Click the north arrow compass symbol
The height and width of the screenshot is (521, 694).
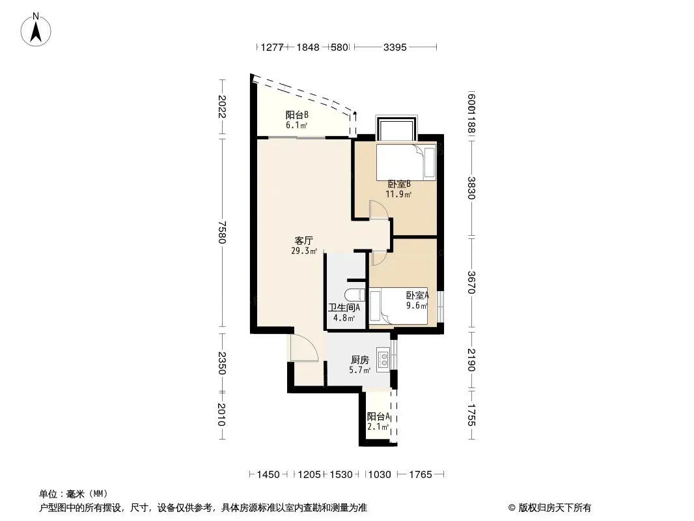click(36, 30)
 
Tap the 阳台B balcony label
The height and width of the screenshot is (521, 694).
click(297, 115)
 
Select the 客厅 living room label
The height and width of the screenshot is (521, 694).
click(304, 241)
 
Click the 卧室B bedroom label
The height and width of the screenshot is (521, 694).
click(399, 184)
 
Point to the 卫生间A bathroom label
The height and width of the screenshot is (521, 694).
click(344, 307)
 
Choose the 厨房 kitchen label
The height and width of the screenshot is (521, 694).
click(360, 360)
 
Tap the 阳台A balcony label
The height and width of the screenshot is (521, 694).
click(378, 417)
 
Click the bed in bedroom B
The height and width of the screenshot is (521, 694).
click(406, 162)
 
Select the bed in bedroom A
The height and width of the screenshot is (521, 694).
click(398, 306)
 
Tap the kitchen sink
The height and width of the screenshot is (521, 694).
click(383, 360)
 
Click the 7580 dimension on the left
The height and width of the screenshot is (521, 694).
click(222, 232)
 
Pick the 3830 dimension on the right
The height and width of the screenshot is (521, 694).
click(471, 188)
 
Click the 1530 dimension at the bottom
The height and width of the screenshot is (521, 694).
click(341, 475)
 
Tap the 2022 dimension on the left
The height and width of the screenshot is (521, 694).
click(222, 107)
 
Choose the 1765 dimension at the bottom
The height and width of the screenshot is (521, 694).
click(421, 475)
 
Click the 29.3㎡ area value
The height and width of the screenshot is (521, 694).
click(304, 251)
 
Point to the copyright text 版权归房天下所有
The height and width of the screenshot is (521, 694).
click(555, 508)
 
